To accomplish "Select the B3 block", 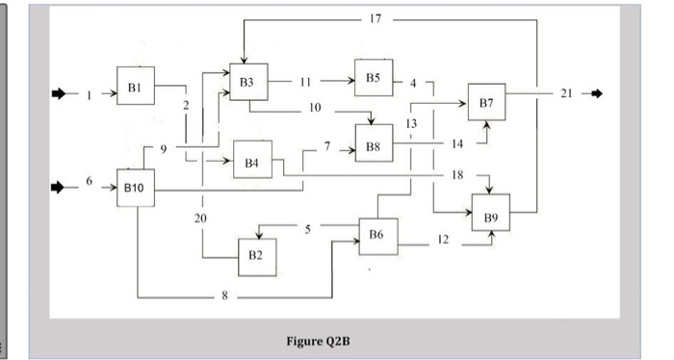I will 248,83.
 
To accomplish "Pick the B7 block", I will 486,102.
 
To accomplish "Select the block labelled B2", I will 256,257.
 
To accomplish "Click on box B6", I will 376,235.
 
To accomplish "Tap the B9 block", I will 491,219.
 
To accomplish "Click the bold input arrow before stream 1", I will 61,93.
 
